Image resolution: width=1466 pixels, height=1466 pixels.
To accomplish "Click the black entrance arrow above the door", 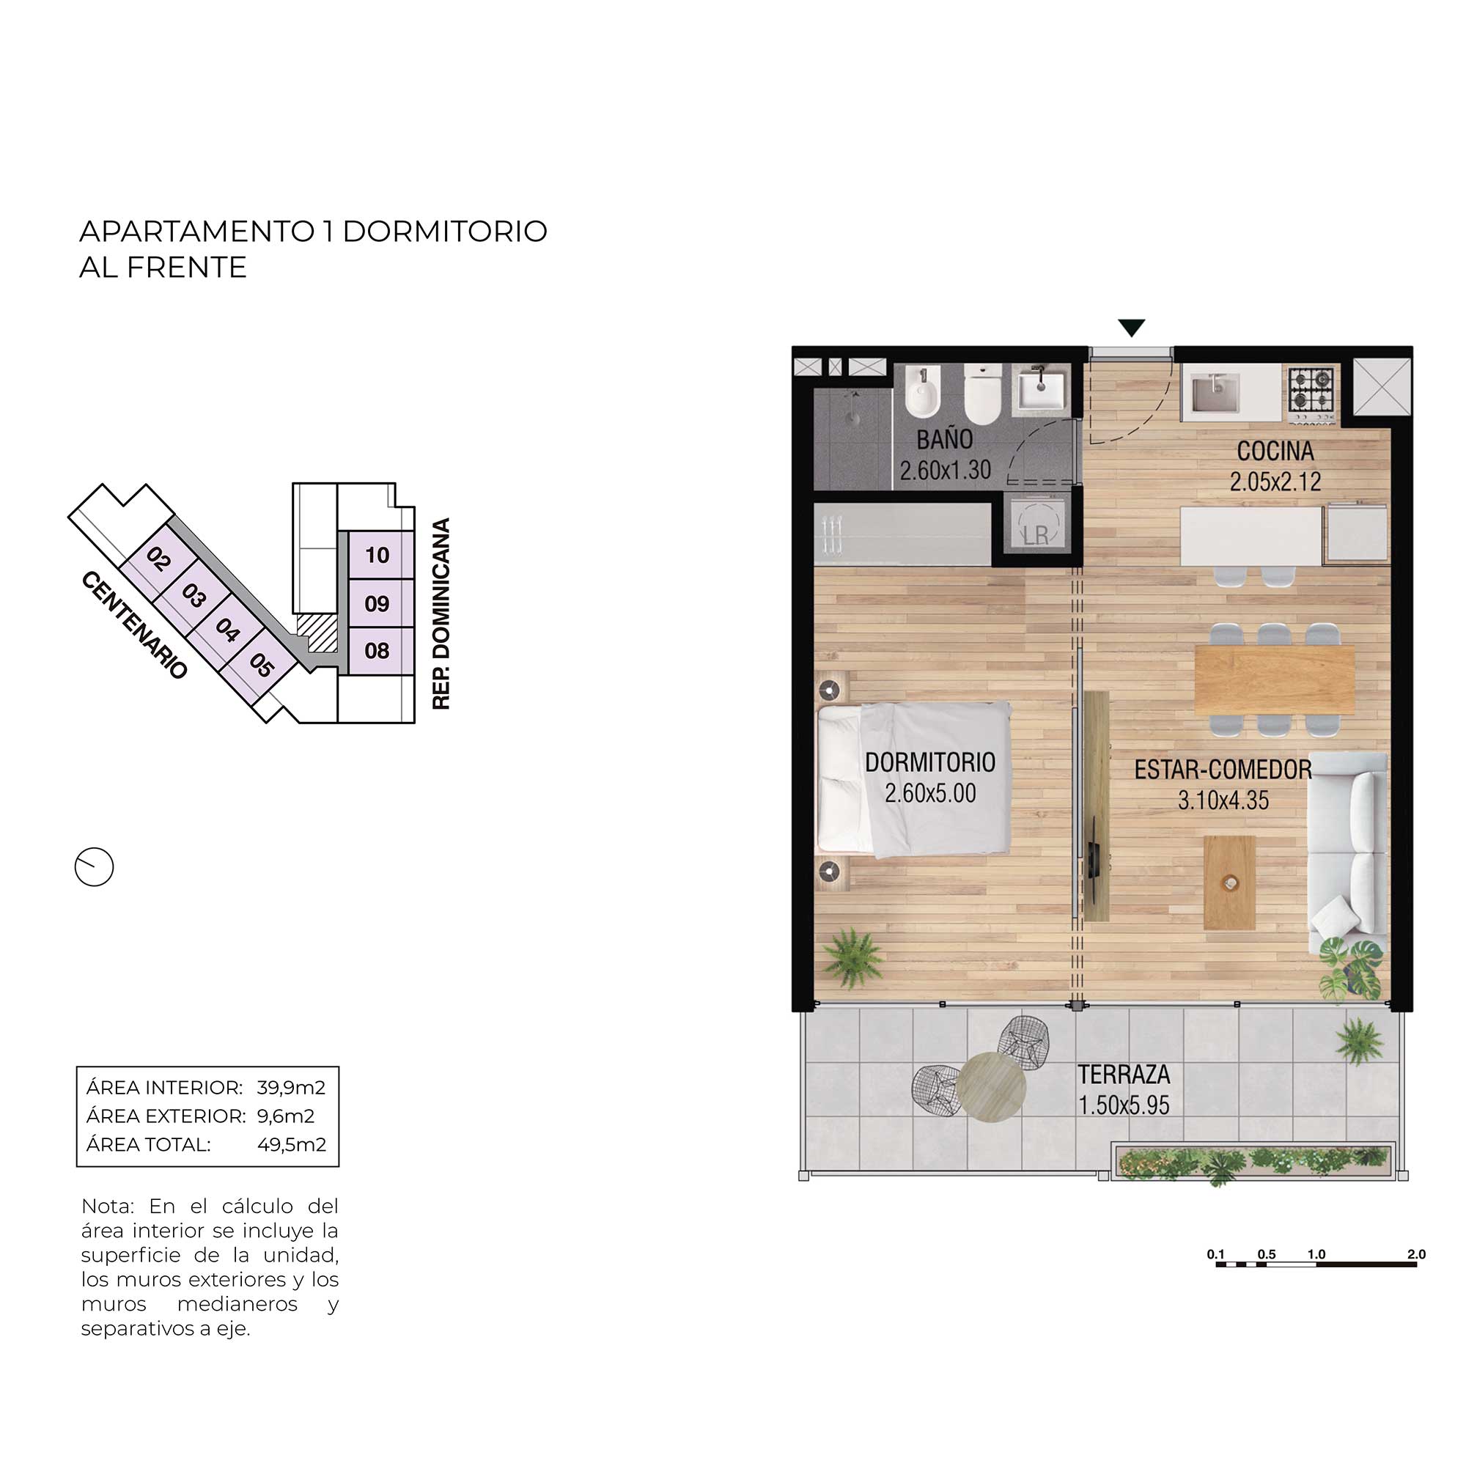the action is pyautogui.click(x=1131, y=327).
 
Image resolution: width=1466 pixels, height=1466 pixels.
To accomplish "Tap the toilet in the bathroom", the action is pyautogui.click(x=983, y=394).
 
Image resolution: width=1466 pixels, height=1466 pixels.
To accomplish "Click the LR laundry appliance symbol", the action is pyautogui.click(x=1035, y=523).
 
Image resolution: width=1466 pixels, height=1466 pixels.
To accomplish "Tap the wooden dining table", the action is pyautogui.click(x=1275, y=680).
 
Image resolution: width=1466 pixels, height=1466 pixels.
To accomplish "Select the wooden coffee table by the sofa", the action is pyautogui.click(x=1229, y=883).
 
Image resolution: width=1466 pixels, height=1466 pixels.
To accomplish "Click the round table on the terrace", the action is pyautogui.click(x=992, y=1086).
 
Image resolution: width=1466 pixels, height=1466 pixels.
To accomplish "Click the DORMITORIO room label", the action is pyautogui.click(x=929, y=762).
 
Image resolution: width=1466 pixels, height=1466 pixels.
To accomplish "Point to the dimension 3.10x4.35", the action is pyautogui.click(x=1223, y=800).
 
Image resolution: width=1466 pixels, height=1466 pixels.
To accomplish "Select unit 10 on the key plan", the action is pyautogui.click(x=377, y=556).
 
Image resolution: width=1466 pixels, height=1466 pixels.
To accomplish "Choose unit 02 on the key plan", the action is pyautogui.click(x=158, y=559).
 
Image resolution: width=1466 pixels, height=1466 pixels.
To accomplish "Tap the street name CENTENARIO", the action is pyautogui.click(x=133, y=625).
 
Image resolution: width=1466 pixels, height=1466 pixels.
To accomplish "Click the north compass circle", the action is pyautogui.click(x=94, y=866).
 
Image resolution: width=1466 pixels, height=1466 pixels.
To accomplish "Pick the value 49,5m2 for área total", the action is pyautogui.click(x=292, y=1144).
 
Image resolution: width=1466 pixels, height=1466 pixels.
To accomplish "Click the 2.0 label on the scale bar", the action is pyautogui.click(x=1416, y=1254).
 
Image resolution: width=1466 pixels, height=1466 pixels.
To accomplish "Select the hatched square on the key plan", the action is pyautogui.click(x=317, y=632).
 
